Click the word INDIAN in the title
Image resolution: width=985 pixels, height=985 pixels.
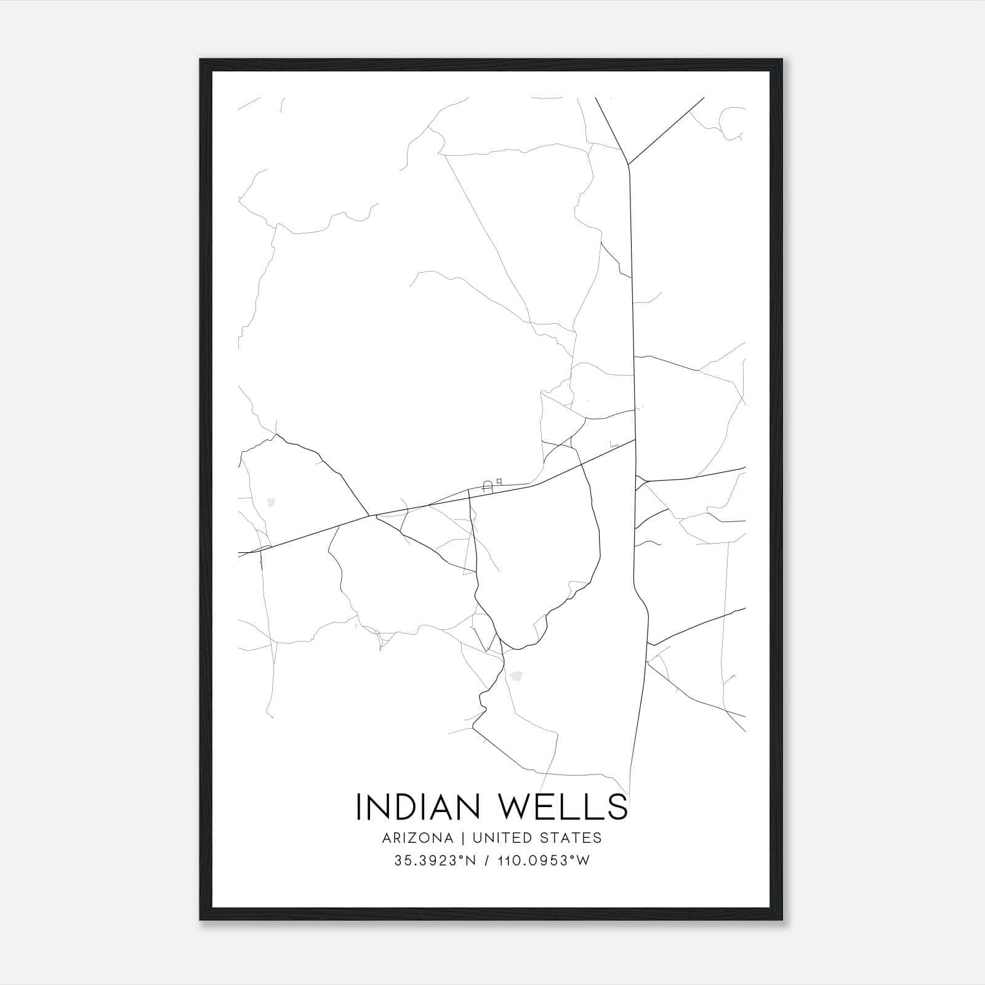(x=419, y=806)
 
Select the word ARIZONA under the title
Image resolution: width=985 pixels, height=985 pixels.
(x=418, y=838)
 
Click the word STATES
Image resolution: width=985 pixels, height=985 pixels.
(x=574, y=838)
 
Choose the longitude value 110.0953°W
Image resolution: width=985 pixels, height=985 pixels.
(x=544, y=861)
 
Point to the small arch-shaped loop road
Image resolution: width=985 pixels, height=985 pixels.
(x=488, y=486)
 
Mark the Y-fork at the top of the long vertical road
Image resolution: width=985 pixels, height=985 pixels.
(x=627, y=164)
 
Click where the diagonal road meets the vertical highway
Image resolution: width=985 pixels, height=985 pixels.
(x=635, y=440)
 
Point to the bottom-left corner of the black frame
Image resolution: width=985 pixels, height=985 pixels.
(x=201, y=920)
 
